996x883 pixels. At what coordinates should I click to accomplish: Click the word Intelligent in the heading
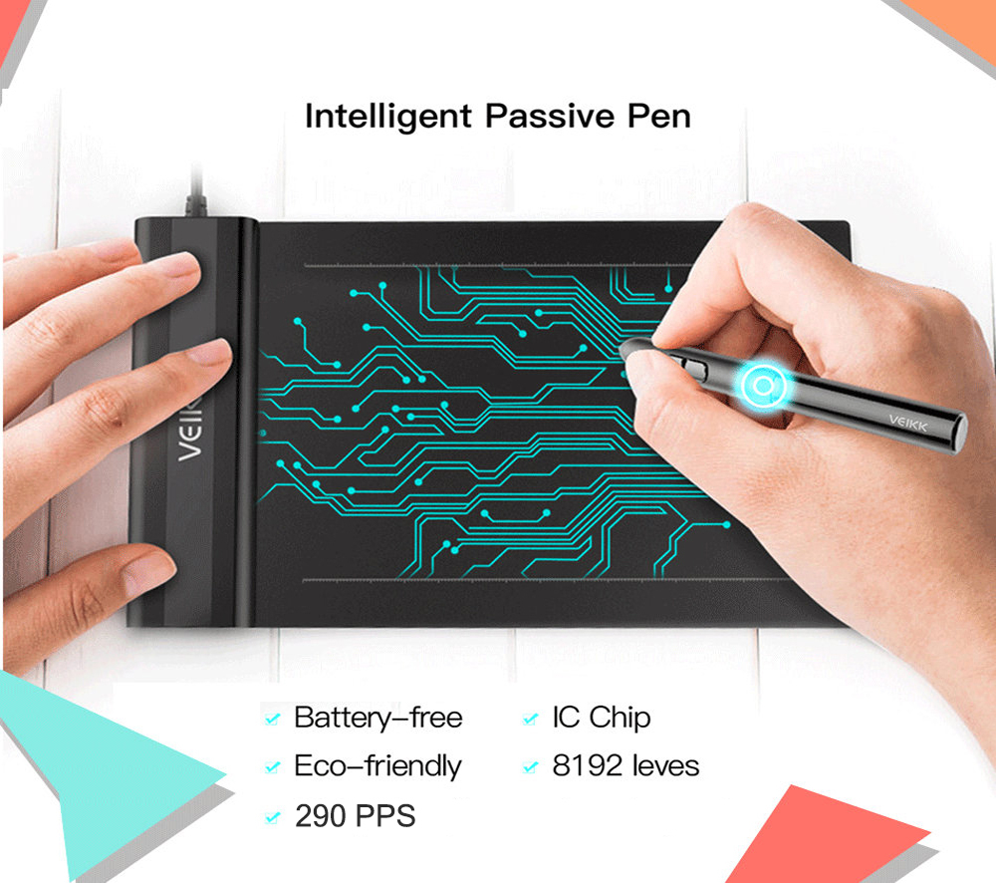click(388, 116)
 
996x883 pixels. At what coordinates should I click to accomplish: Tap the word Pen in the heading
click(658, 116)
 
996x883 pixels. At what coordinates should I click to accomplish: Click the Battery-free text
click(377, 718)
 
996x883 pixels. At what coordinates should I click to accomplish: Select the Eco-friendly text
click(377, 766)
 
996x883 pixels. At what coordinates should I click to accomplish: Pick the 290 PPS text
click(355, 817)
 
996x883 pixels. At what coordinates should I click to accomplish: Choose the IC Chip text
click(601, 718)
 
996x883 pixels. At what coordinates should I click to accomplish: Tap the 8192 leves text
click(625, 766)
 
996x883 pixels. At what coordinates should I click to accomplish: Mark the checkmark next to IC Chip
click(531, 719)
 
